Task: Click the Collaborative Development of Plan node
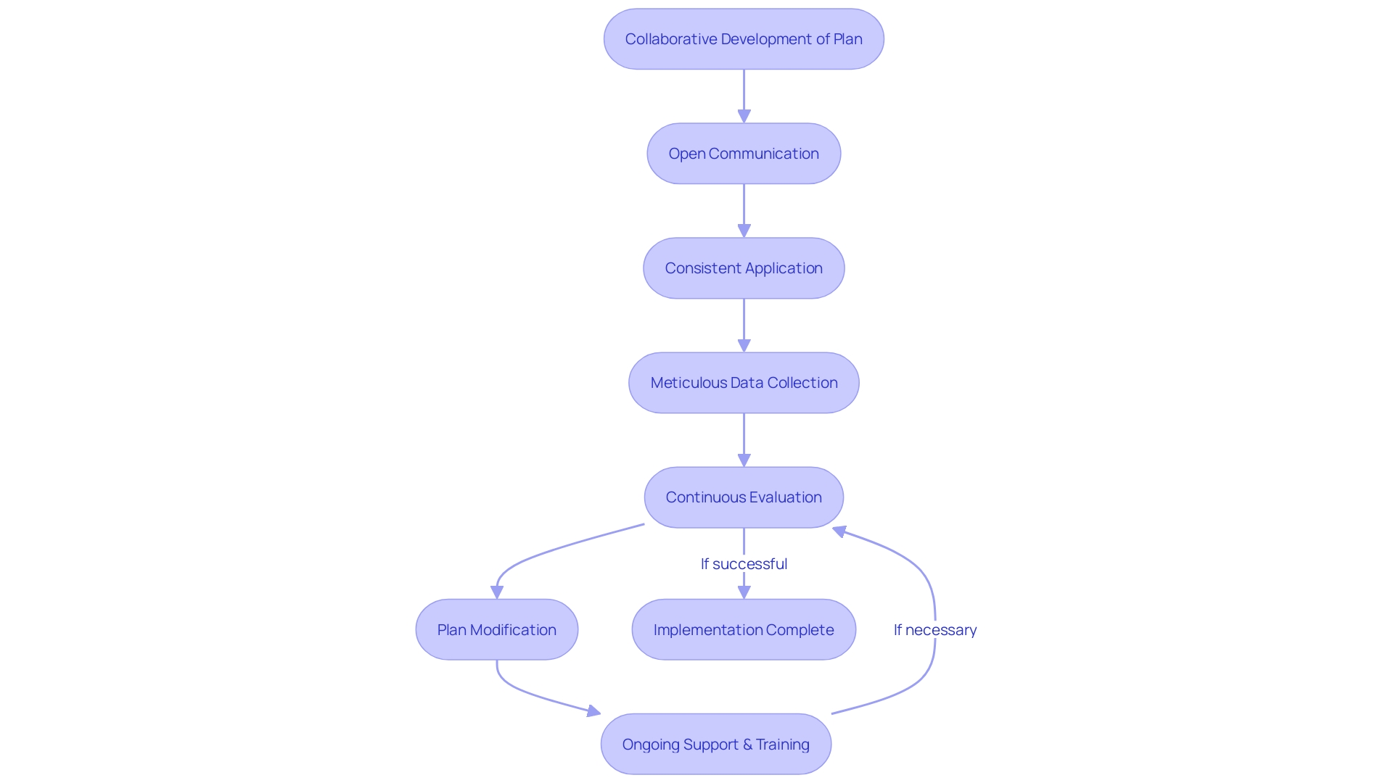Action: (744, 39)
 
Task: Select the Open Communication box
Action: (744, 154)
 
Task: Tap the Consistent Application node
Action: (744, 268)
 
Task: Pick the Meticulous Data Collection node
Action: (744, 383)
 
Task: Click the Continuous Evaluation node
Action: (744, 497)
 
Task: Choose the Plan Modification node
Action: (497, 629)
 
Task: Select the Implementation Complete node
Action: (744, 629)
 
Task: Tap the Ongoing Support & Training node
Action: (716, 744)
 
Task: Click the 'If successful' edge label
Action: (744, 564)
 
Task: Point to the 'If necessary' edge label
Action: (934, 630)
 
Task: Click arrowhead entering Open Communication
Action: (744, 116)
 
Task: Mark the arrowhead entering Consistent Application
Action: (744, 231)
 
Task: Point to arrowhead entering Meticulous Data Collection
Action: (744, 345)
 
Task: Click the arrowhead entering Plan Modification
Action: (497, 592)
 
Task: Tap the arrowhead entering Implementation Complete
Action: (744, 592)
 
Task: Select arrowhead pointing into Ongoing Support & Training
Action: (593, 711)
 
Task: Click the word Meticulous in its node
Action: (688, 383)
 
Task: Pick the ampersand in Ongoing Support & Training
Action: (747, 745)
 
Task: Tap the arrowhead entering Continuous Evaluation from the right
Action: (840, 531)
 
